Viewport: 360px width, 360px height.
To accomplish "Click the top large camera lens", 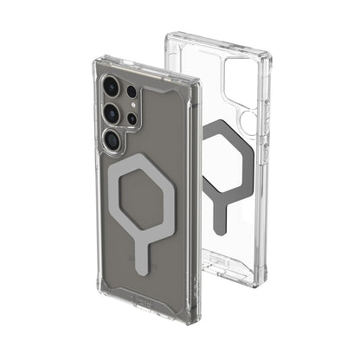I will [111, 87].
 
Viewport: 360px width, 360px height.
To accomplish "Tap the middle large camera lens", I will [114, 112].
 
